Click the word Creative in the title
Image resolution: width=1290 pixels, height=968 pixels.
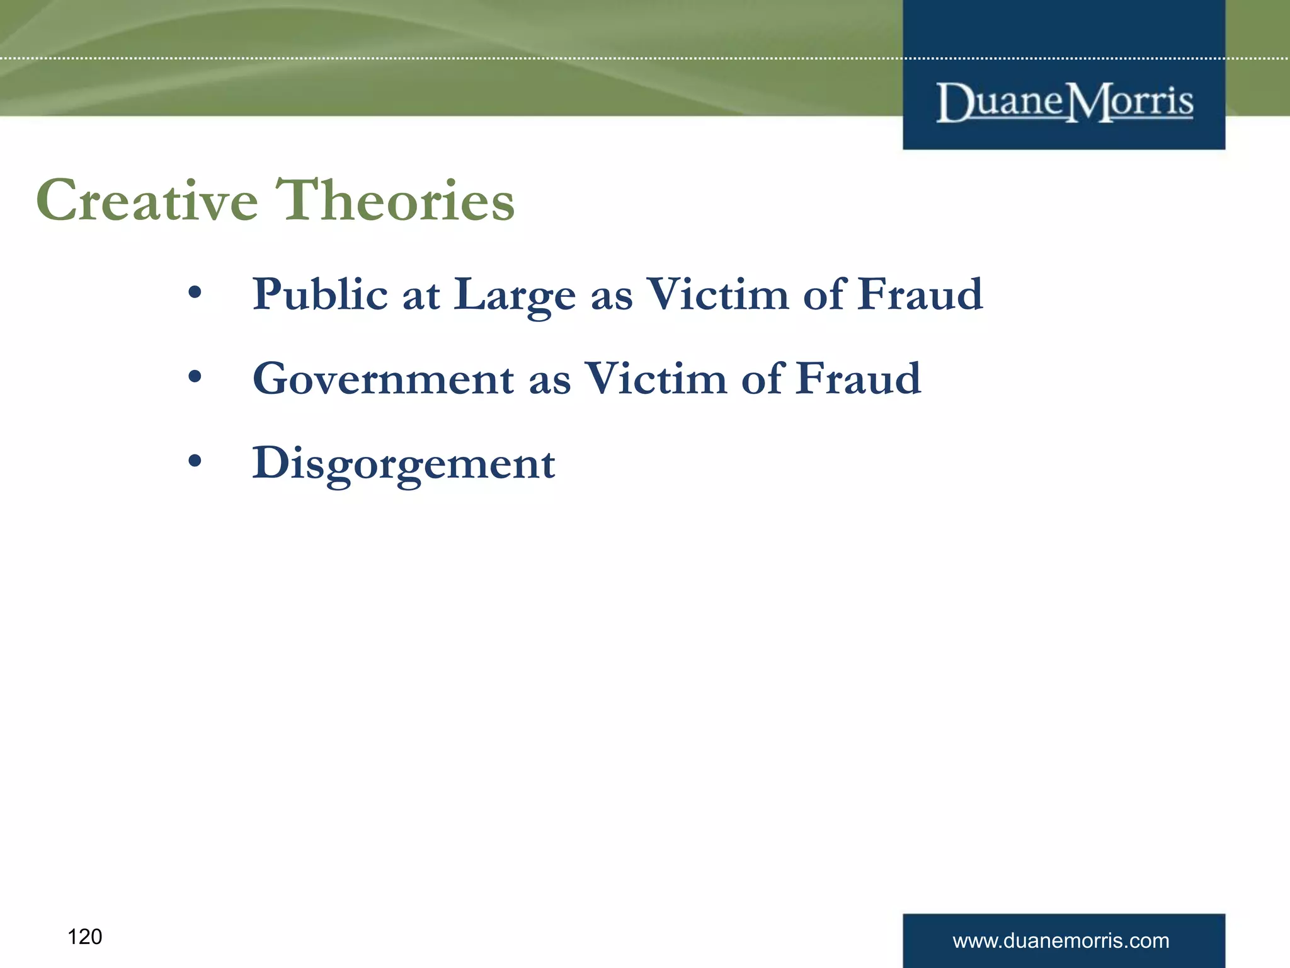tap(147, 200)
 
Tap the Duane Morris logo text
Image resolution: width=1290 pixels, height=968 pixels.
tap(1065, 102)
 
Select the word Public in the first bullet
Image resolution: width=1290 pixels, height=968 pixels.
tap(320, 295)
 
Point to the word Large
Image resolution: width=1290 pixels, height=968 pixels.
tap(515, 295)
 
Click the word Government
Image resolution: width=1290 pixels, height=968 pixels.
tap(383, 379)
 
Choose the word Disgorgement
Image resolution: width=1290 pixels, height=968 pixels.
tap(404, 464)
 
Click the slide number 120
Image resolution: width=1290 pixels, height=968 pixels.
tap(84, 937)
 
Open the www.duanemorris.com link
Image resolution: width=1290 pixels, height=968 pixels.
tap(1061, 941)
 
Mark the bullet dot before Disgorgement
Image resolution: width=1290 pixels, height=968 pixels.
tap(195, 461)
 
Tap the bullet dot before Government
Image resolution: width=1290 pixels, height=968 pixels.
tap(195, 377)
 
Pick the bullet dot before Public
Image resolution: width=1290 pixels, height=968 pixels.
tap(195, 292)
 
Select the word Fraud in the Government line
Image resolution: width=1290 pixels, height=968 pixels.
tap(859, 379)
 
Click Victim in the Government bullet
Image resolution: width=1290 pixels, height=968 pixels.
tap(656, 379)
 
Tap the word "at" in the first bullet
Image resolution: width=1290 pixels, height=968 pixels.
tap(421, 295)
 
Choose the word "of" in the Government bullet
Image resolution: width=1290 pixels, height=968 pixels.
tap(763, 379)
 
